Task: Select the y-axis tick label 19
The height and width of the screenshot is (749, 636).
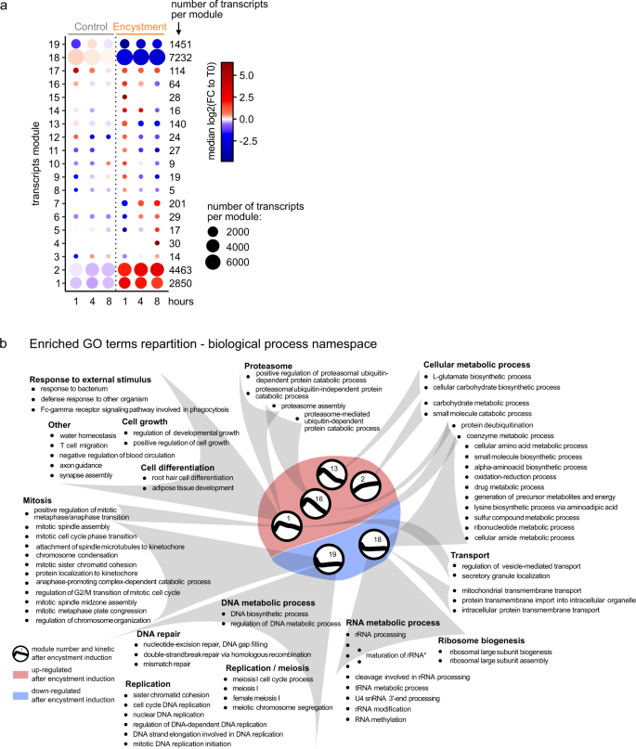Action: pyautogui.click(x=55, y=43)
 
